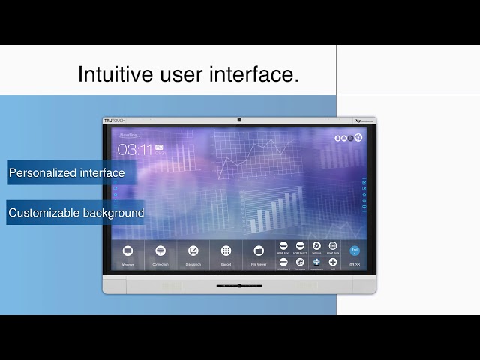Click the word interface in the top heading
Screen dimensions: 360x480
tap(259, 74)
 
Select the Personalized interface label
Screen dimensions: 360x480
tap(67, 173)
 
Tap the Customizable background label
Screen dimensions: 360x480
tap(76, 213)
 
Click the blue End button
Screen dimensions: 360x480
tap(355, 250)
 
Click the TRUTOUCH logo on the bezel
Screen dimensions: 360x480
tap(115, 120)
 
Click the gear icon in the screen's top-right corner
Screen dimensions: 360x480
tap(358, 138)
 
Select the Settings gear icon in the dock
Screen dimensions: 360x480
tap(316, 246)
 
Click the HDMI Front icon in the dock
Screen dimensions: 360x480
tap(283, 246)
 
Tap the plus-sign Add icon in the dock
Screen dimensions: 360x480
tap(333, 262)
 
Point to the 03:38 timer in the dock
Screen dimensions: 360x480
tap(355, 264)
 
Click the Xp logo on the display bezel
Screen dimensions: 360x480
tap(358, 120)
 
